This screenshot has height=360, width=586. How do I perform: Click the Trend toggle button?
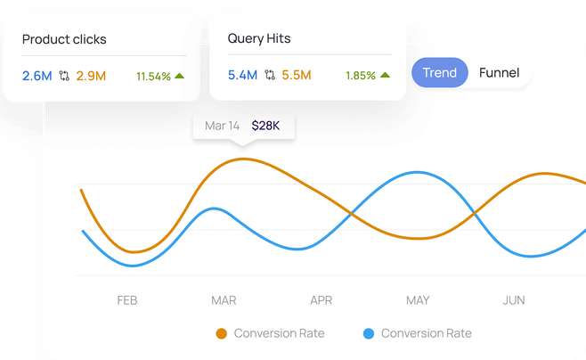(440, 73)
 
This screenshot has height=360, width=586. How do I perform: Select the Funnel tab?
(499, 73)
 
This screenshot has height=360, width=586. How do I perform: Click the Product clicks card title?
(65, 39)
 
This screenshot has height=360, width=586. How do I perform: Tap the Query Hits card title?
(259, 39)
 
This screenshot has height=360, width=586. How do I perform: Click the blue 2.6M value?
(37, 76)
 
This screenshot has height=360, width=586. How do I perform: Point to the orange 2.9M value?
(91, 76)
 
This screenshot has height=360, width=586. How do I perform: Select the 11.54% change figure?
(153, 77)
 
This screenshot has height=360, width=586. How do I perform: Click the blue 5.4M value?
(243, 76)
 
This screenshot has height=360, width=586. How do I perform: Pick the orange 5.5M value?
(297, 76)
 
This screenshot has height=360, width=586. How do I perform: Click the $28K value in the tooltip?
(265, 126)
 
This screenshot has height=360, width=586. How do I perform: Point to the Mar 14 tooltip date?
(222, 126)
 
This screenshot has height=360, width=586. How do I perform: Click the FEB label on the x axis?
(127, 300)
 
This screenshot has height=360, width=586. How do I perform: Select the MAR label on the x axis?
(224, 300)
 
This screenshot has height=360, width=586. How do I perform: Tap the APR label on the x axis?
(321, 300)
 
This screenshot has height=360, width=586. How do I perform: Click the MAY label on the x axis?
(418, 300)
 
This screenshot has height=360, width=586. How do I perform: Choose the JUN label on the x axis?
(514, 300)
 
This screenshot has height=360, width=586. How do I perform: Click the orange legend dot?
(222, 334)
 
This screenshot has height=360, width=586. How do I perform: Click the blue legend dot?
(369, 334)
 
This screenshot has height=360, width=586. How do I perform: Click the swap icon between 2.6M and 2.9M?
(64, 76)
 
